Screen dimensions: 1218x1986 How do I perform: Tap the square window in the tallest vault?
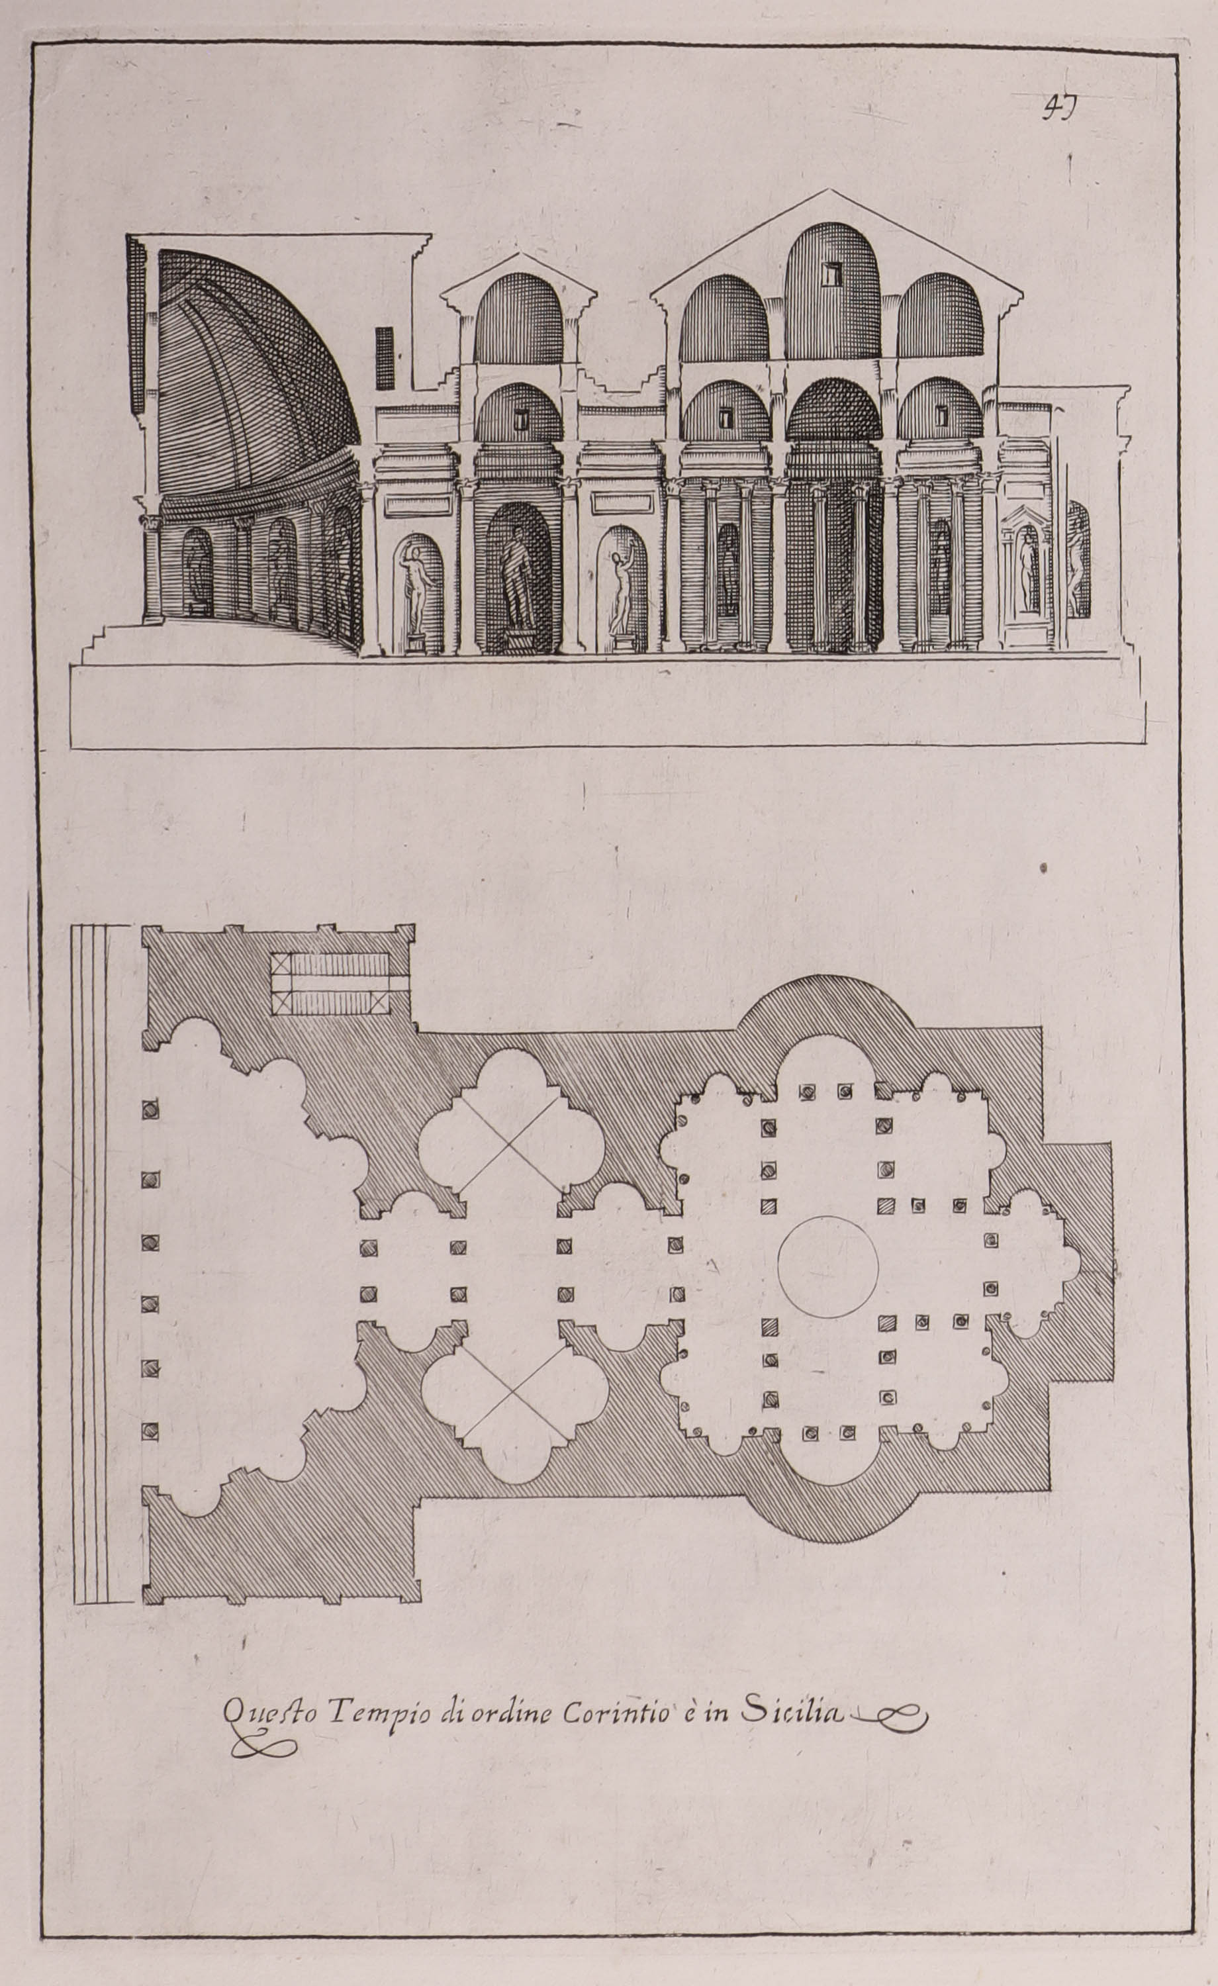[x=831, y=274]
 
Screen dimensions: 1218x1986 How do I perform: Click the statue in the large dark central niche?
[x=516, y=578]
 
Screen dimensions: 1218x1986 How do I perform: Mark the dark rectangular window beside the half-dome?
[x=385, y=358]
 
